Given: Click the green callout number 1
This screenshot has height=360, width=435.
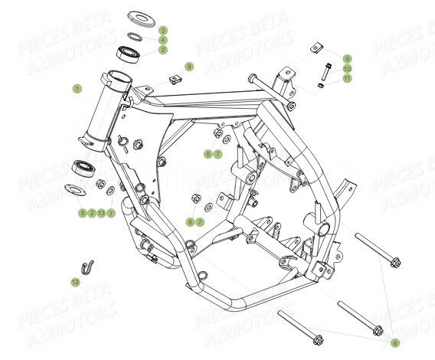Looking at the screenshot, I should point(76,89).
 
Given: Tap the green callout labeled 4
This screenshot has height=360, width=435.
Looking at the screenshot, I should point(162,40).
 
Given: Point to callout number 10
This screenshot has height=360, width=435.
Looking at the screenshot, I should point(346,68).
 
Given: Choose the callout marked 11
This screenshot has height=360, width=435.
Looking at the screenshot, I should point(346,77).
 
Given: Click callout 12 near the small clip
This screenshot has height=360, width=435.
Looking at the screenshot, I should point(75,283).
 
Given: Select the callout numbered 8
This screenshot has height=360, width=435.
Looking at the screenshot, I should point(191,221).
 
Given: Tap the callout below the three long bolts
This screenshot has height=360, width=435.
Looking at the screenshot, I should point(395,342).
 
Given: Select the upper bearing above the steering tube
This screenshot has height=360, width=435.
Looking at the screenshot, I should point(128,54).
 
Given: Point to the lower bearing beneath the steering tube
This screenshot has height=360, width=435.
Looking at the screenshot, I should point(81,168).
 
